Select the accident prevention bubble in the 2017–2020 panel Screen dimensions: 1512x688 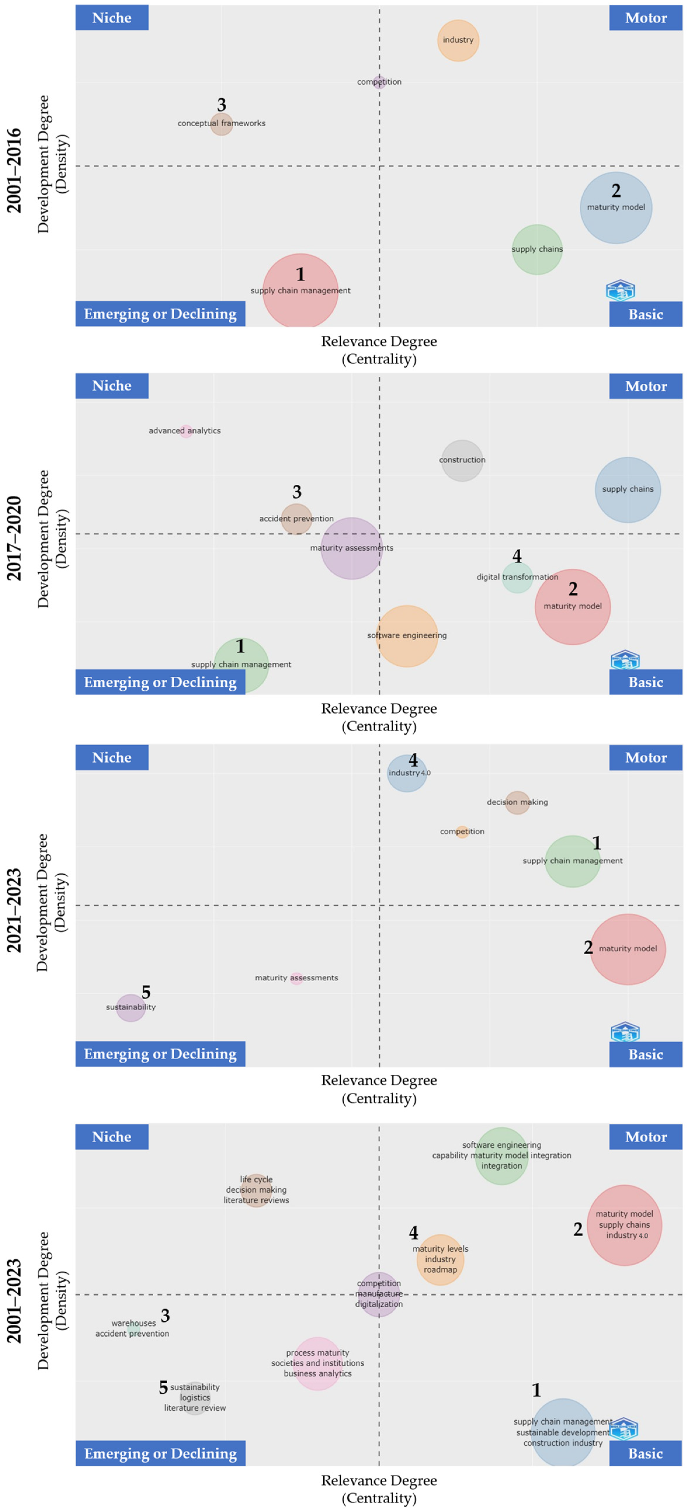click(x=296, y=519)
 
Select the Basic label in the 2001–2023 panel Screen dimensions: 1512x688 click(x=646, y=1453)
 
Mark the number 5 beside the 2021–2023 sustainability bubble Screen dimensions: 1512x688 click(x=146, y=992)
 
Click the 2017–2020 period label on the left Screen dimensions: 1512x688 click(x=14, y=538)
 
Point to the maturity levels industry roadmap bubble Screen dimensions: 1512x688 click(x=440, y=1259)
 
